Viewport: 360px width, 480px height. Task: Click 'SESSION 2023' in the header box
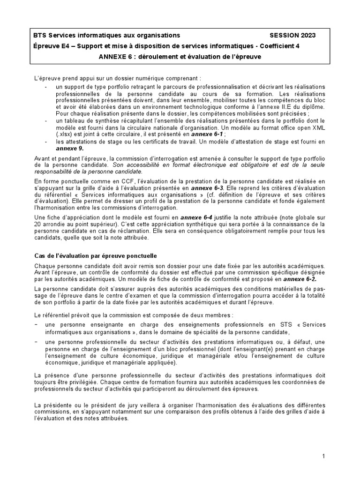point(292,35)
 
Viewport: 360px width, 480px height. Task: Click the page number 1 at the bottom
point(323,456)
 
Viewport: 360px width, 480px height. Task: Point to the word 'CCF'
point(111,181)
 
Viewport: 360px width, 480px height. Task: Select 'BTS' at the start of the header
point(40,35)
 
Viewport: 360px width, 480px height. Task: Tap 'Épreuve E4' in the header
point(52,46)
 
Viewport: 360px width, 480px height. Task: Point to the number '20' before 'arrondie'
point(39,225)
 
